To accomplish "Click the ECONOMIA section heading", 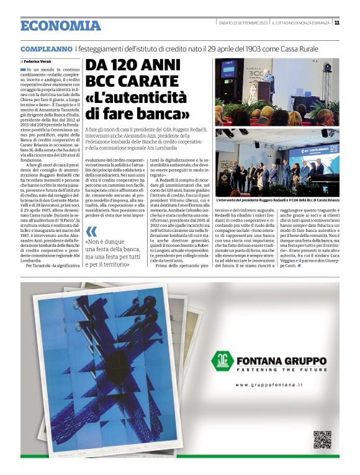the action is [x=60, y=25].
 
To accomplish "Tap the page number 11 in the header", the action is [x=336, y=23].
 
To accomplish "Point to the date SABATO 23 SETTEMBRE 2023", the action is [x=242, y=23].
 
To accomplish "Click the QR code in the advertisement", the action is [x=322, y=439].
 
